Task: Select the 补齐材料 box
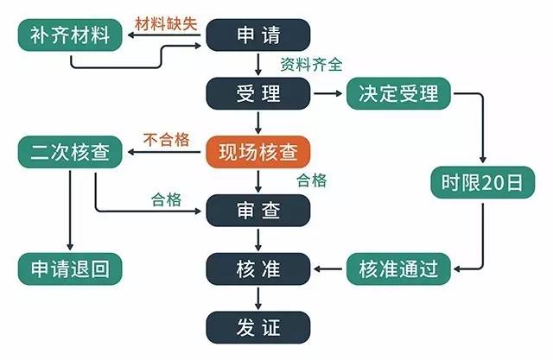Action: point(70,35)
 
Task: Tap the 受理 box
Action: point(257,92)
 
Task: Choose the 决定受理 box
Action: point(398,92)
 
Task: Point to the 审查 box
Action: point(257,208)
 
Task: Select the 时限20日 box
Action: point(481,183)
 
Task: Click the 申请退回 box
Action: point(70,268)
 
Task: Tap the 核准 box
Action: point(257,268)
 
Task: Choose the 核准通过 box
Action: point(398,268)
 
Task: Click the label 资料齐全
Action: point(311,63)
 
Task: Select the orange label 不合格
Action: point(165,139)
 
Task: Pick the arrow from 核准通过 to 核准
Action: point(328,268)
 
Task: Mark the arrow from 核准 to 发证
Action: point(257,298)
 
